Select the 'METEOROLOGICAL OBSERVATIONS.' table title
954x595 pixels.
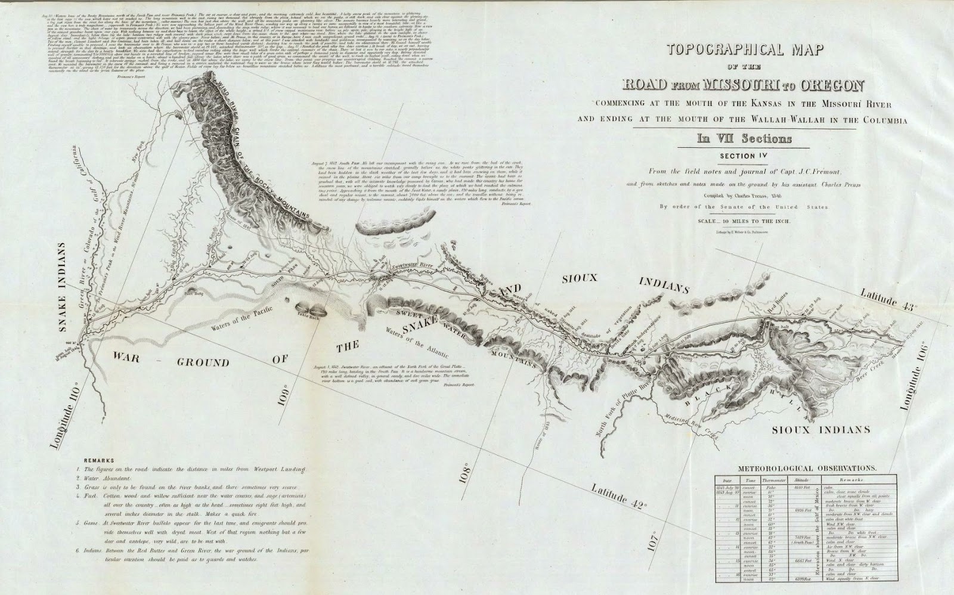pos(799,469)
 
